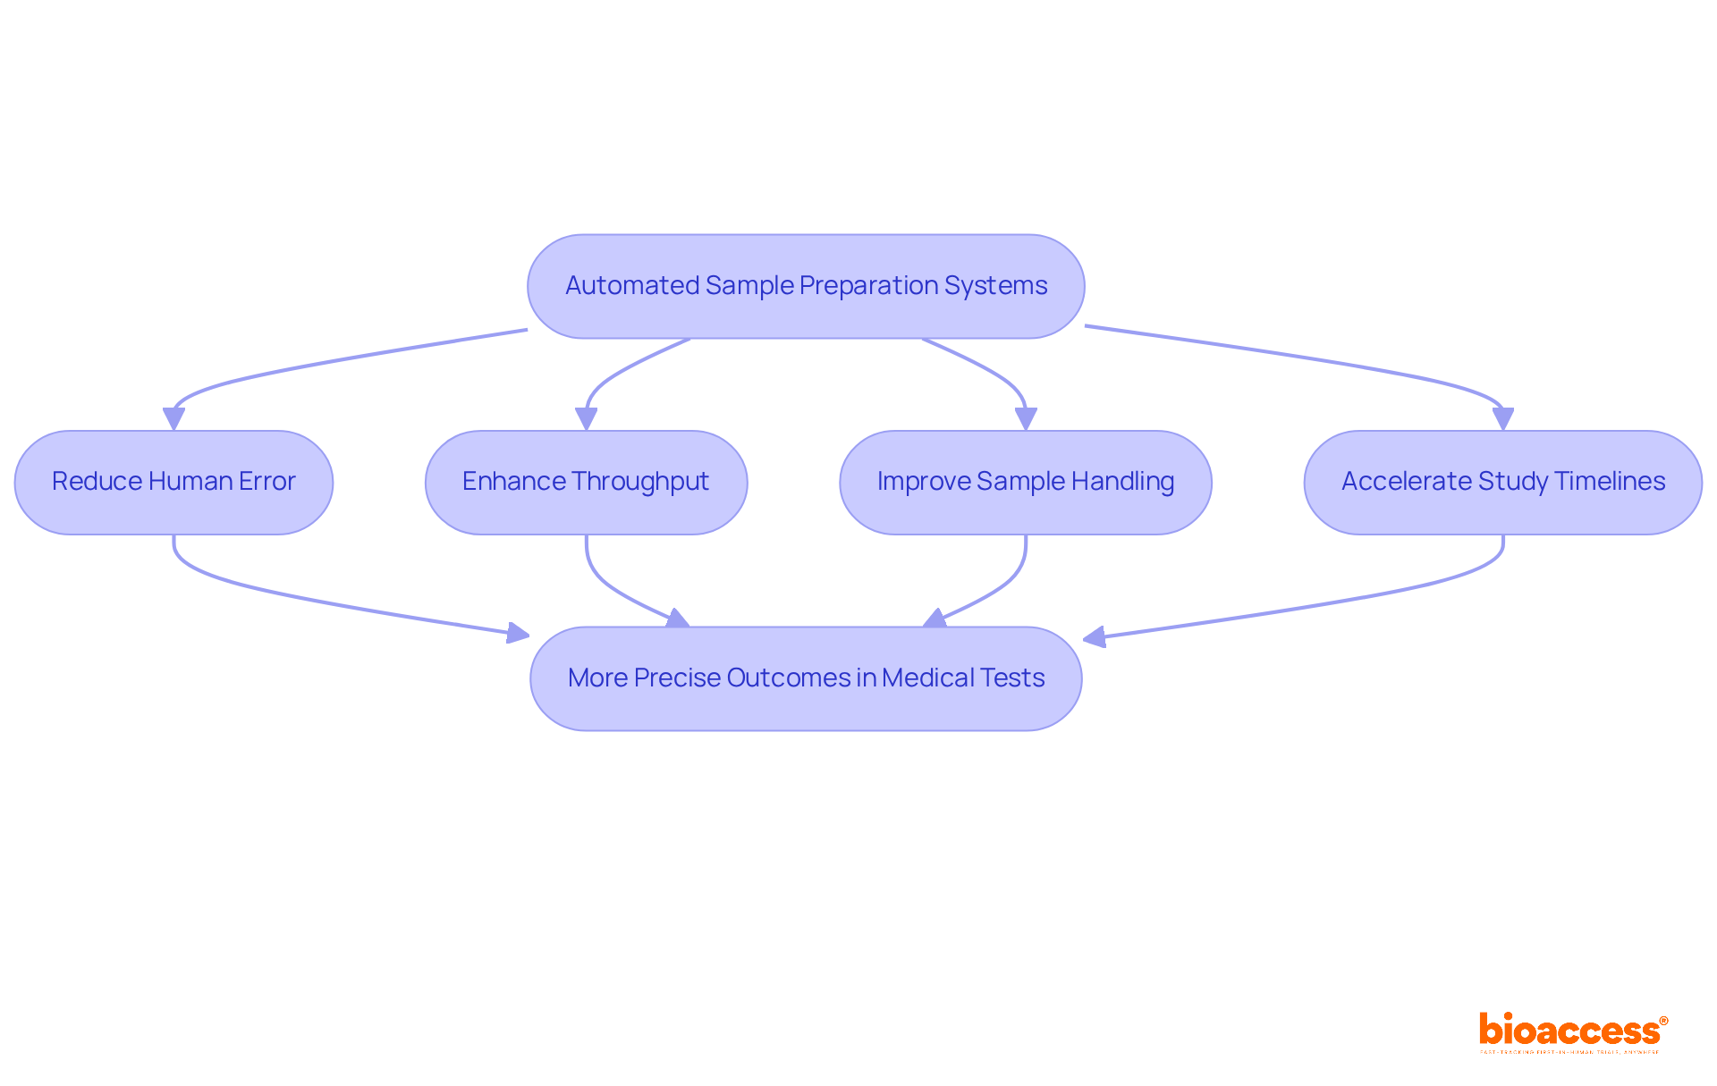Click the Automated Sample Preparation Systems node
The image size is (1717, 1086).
[806, 286]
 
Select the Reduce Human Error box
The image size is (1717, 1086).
[173, 483]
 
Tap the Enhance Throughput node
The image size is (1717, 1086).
[586, 483]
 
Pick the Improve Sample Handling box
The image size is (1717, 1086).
[1025, 483]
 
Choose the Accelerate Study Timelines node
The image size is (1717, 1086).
[1502, 483]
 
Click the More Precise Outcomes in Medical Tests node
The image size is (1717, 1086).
[806, 678]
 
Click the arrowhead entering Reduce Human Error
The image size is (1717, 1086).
[173, 419]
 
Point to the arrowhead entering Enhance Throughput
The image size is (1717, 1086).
[586, 419]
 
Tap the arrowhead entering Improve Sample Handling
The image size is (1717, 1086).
[1026, 419]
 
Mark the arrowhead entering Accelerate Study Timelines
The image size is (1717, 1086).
[1503, 419]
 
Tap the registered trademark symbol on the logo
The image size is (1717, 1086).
[1663, 1021]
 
